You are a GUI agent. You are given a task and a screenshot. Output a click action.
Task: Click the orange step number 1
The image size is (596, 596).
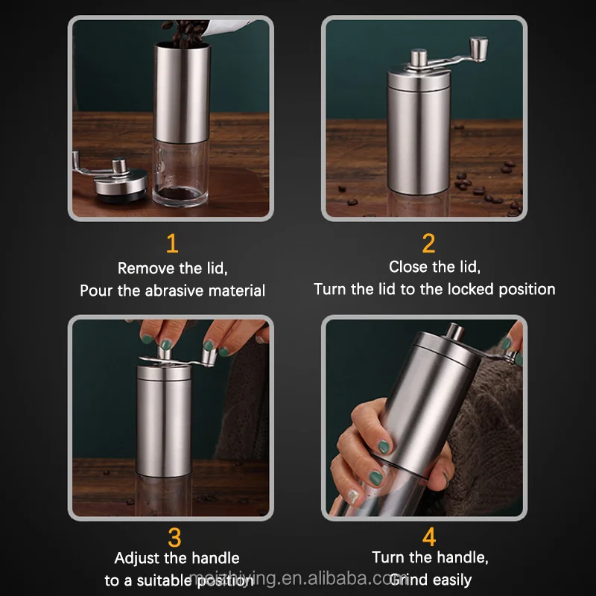[x=172, y=243]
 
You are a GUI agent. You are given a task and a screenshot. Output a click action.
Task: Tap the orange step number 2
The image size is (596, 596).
[x=428, y=243]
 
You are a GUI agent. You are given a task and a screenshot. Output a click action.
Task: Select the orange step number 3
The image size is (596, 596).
[x=174, y=537]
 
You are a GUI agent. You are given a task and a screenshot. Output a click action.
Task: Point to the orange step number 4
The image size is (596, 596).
[x=429, y=537]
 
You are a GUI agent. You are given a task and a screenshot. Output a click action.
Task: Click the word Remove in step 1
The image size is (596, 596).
[x=144, y=268]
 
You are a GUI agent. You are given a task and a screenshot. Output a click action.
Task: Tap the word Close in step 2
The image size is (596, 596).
[x=408, y=267]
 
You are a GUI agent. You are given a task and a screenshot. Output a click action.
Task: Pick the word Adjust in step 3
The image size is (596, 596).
[x=139, y=557]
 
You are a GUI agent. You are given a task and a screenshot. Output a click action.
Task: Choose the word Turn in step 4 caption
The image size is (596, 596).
[x=389, y=557]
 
